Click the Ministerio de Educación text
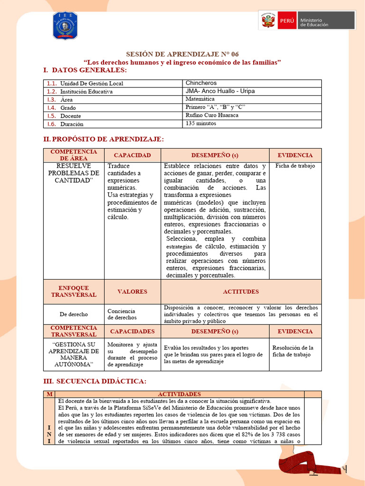coord(317,22)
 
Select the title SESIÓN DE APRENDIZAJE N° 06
coord(182,54)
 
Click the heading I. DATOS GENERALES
coord(85,70)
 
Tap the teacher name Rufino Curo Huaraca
coord(212,115)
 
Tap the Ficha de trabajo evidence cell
coord(295,166)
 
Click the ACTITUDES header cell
coord(241,291)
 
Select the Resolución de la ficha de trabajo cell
coord(295,351)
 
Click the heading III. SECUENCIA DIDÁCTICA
coord(95,382)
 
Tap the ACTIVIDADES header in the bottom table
coord(179,394)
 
